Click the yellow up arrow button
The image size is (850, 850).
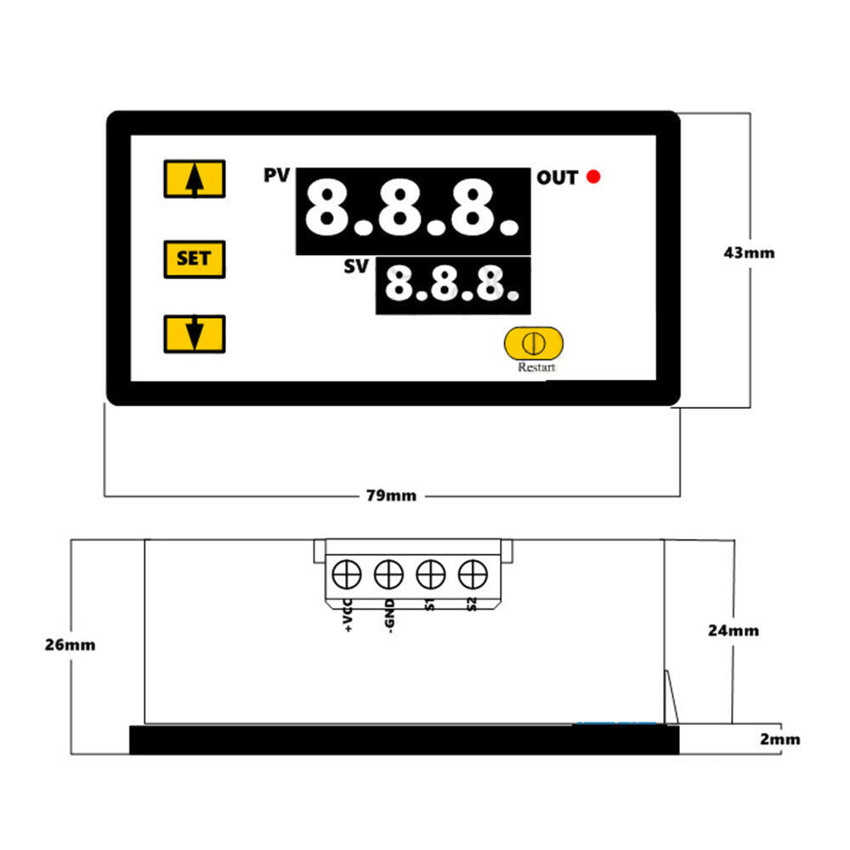point(194,178)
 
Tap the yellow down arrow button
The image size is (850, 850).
point(194,333)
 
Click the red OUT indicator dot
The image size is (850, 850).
point(594,177)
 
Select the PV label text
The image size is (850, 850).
point(277,176)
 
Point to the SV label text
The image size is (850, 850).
point(356,267)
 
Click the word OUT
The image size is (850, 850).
point(557,178)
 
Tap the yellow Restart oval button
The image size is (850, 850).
point(533,343)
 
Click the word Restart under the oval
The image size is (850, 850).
point(536,368)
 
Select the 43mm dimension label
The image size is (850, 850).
point(749,252)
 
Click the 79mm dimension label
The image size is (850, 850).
point(392,496)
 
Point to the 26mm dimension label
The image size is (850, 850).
point(70,644)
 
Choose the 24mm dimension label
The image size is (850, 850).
point(733,631)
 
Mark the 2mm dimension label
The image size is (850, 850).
point(779,739)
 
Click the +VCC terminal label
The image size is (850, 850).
point(348,617)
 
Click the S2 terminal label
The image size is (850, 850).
point(471,605)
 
